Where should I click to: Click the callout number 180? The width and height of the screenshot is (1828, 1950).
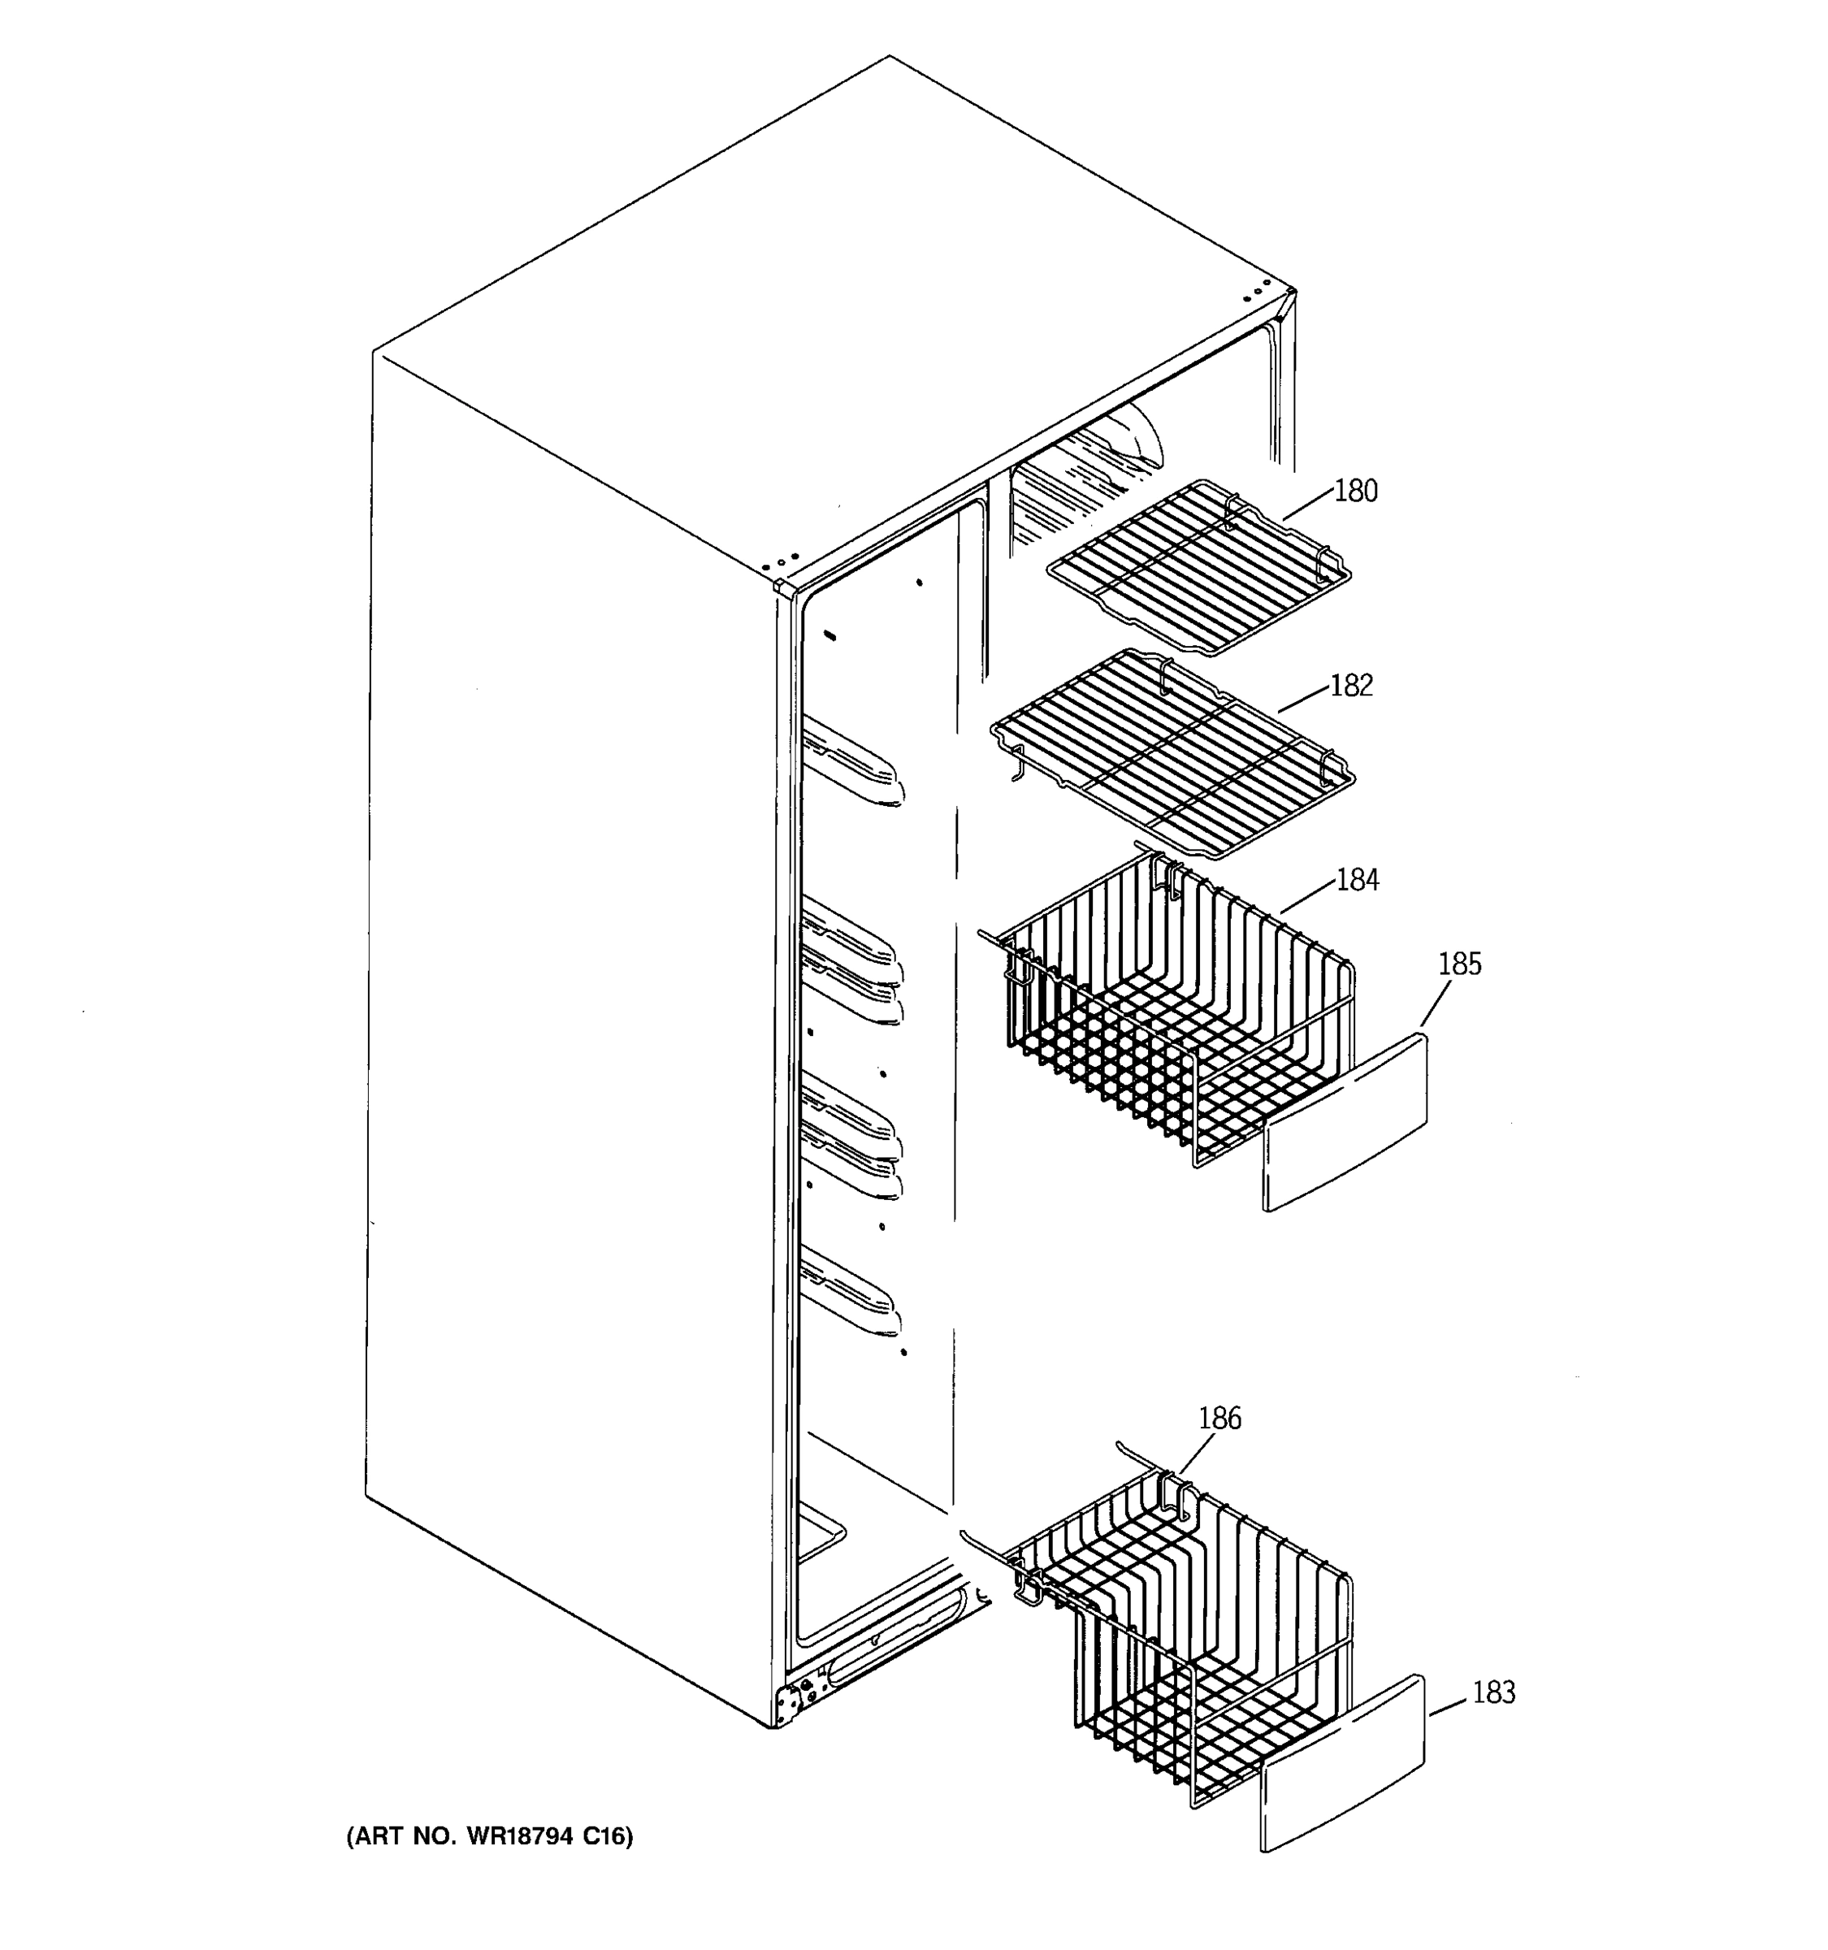click(x=1356, y=491)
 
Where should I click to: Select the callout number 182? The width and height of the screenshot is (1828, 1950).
click(x=1351, y=686)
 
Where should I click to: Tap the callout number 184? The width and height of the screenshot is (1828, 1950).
click(x=1358, y=880)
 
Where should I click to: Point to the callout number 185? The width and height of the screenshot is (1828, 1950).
click(x=1459, y=964)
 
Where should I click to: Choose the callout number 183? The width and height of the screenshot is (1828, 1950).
click(x=1493, y=1692)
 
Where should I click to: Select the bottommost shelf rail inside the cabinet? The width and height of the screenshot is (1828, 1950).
click(x=849, y=1295)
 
